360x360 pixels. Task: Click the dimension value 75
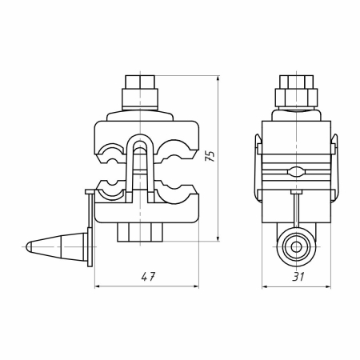point(210,156)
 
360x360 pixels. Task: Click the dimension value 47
point(148,277)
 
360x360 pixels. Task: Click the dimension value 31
point(298,277)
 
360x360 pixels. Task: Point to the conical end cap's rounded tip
point(28,246)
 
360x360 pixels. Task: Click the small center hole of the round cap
point(296,247)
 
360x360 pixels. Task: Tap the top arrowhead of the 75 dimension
point(218,78)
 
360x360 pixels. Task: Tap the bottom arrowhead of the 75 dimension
point(218,238)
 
